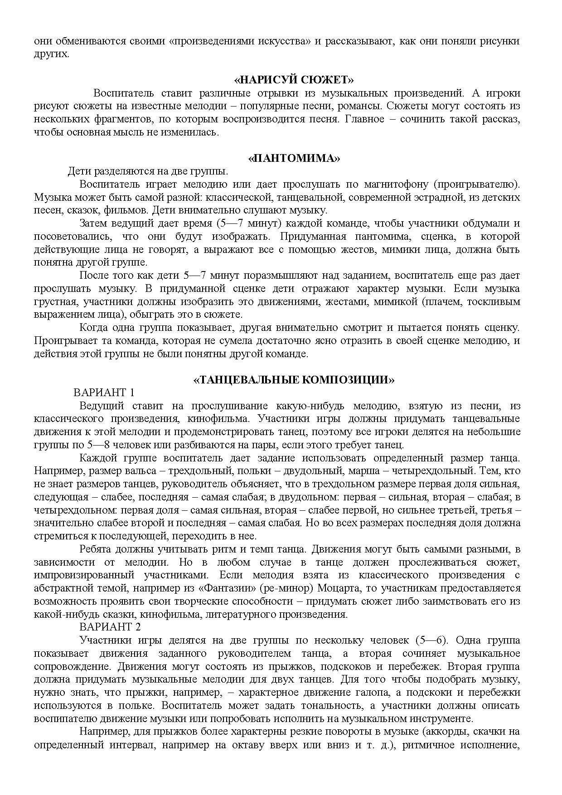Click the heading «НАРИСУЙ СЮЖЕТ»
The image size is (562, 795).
[x=294, y=80]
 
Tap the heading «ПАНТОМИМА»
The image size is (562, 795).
[x=294, y=159]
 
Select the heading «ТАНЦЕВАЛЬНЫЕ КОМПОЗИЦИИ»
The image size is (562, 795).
[x=294, y=380]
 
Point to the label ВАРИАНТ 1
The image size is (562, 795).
[x=104, y=393]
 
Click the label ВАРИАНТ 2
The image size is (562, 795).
[x=110, y=627]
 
